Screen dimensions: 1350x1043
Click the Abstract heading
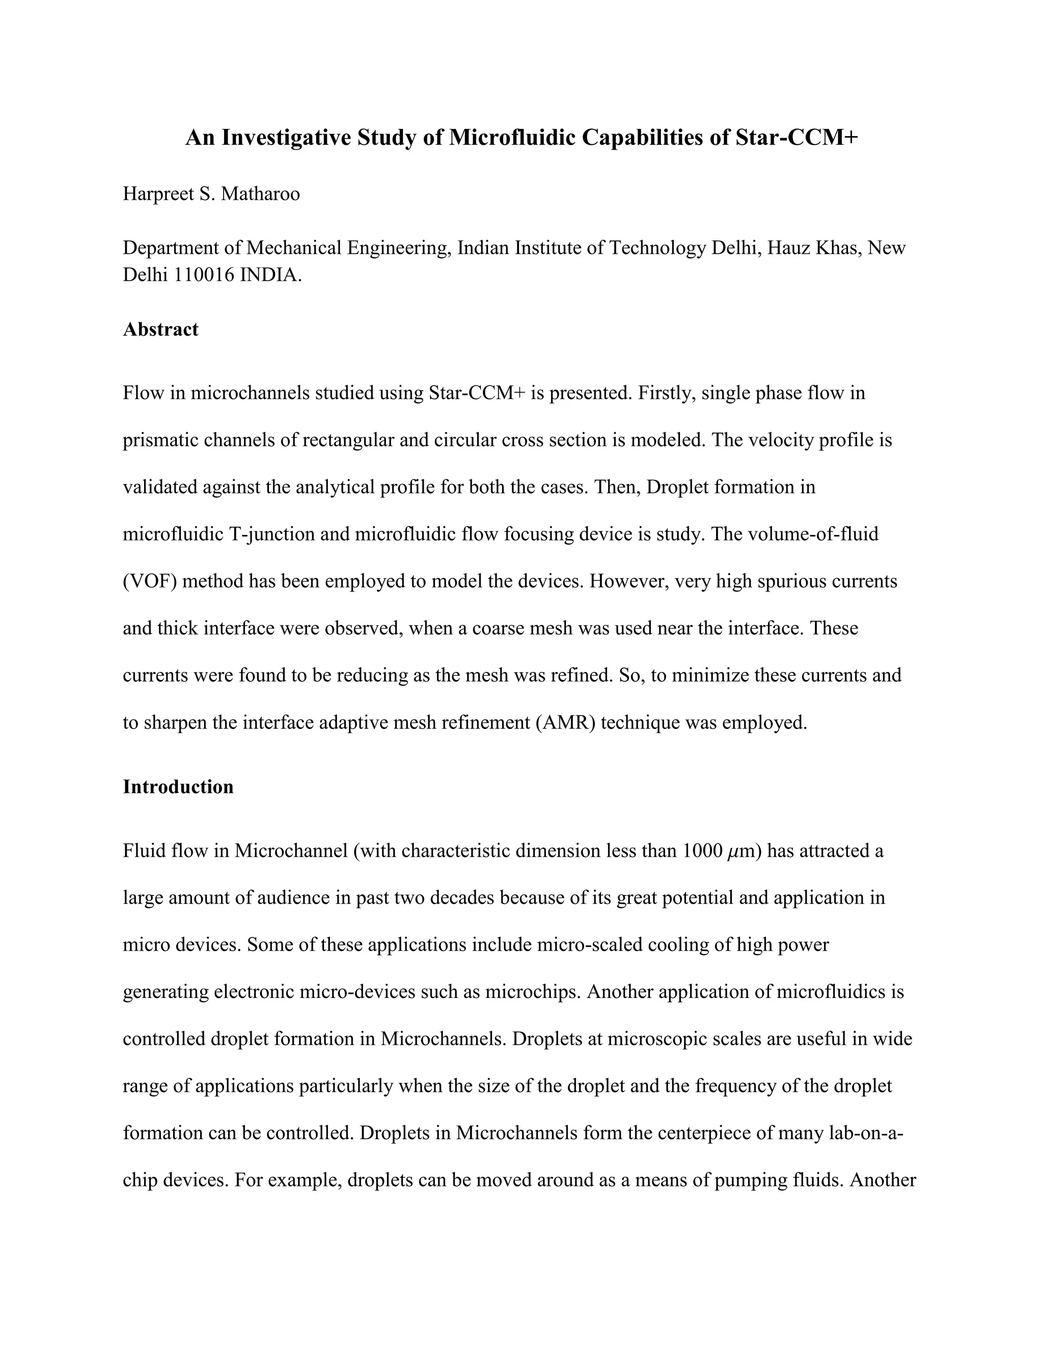pyautogui.click(x=160, y=330)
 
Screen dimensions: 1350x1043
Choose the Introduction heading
pyautogui.click(x=178, y=787)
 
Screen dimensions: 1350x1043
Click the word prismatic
pyautogui.click(x=160, y=440)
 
